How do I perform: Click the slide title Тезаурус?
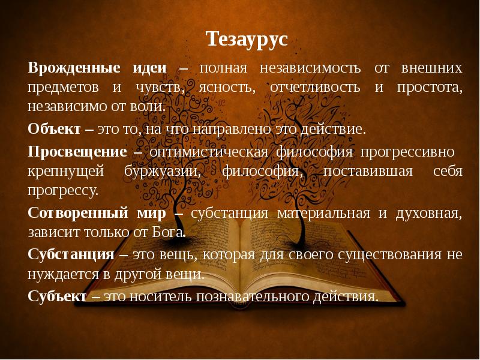pos(247,40)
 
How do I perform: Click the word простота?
pos(429,87)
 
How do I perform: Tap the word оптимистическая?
pos(208,152)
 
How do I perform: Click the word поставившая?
pos(367,172)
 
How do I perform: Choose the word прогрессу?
pos(62,191)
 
